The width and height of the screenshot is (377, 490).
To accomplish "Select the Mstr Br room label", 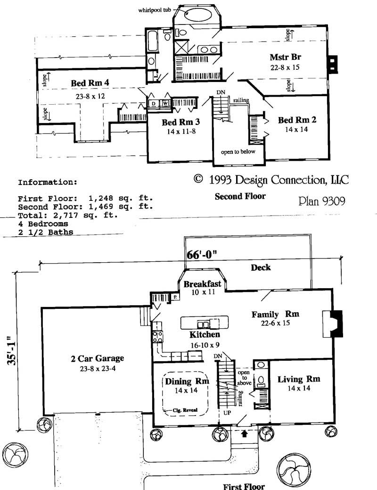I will (286, 58).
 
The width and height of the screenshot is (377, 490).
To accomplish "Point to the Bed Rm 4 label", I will (90, 83).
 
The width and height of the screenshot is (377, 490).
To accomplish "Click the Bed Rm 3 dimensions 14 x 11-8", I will (181, 132).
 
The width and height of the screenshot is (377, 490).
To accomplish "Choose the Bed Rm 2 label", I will (297, 120).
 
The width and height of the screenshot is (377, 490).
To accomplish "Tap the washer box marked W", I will (166, 104).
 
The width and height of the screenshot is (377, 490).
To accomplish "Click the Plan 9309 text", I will (322, 201).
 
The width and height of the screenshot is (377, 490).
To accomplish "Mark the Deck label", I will (261, 267).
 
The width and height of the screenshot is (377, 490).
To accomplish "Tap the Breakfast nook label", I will (202, 284).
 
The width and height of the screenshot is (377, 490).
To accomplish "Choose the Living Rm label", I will (299, 379).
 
